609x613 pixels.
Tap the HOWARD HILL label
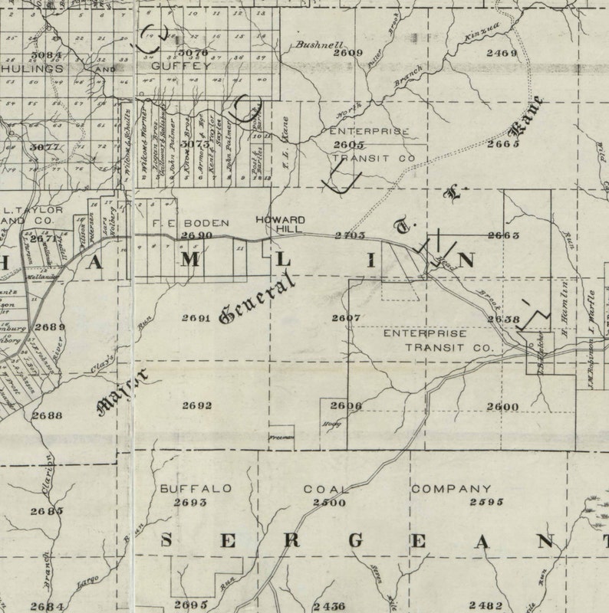pyautogui.click(x=280, y=225)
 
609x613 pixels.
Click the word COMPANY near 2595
pyautogui.click(x=451, y=488)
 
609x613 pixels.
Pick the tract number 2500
pyautogui.click(x=329, y=502)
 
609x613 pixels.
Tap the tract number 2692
pyautogui.click(x=197, y=405)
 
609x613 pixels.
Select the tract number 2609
pyautogui.click(x=348, y=53)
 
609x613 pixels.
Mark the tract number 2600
pyautogui.click(x=502, y=406)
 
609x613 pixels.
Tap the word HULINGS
pyautogui.click(x=32, y=68)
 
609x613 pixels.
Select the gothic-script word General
pyautogui.click(x=256, y=297)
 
